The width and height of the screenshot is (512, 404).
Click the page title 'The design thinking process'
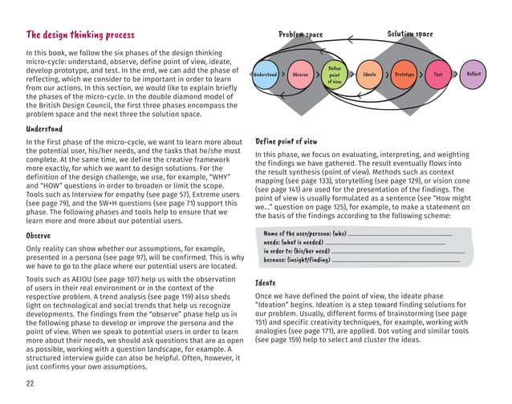pyautogui.click(x=80, y=35)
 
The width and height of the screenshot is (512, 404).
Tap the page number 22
pyautogui.click(x=30, y=384)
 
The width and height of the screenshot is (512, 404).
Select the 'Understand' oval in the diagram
pyautogui.click(x=265, y=75)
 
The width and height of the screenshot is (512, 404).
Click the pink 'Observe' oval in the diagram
pyautogui.click(x=301, y=75)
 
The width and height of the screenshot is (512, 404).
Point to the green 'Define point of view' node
pyautogui.click(x=335, y=75)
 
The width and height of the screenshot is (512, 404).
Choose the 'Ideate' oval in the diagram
pyautogui.click(x=370, y=75)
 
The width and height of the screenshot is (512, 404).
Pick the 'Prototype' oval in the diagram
pyautogui.click(x=404, y=75)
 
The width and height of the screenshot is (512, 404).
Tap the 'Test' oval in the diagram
pyautogui.click(x=438, y=75)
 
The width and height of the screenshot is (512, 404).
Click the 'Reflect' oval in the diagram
pyautogui.click(x=474, y=75)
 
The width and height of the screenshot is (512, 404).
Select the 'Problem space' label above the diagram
pyautogui.click(x=300, y=35)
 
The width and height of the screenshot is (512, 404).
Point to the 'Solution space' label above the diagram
pyautogui.click(x=409, y=34)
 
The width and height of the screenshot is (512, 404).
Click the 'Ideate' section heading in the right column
pyautogui.click(x=265, y=283)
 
